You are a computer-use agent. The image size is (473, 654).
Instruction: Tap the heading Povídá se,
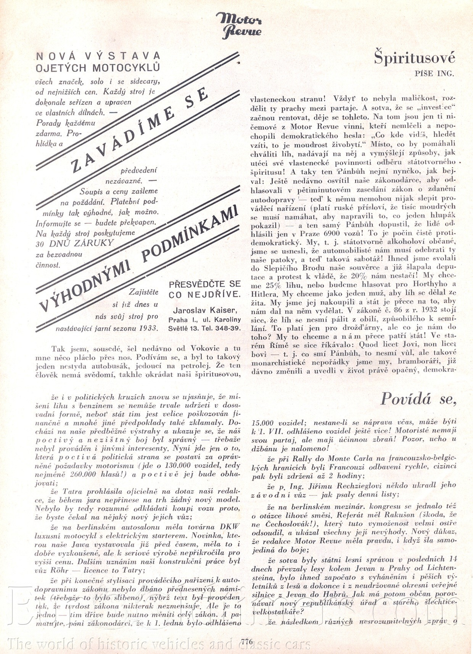click(x=418, y=399)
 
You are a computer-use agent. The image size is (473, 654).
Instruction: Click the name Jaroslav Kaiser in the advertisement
click(x=204, y=310)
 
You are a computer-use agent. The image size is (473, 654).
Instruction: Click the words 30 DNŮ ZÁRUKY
click(x=75, y=243)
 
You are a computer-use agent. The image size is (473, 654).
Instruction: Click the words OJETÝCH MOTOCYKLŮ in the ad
click(x=98, y=68)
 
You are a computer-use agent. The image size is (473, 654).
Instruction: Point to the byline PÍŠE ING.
click(x=434, y=74)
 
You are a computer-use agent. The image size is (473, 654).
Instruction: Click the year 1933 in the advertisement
click(x=148, y=328)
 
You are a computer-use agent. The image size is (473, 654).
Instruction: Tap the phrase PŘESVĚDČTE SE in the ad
click(x=204, y=284)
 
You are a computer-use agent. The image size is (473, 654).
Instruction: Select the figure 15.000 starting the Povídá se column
click(x=265, y=423)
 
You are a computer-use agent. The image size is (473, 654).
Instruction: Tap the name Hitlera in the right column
click(x=265, y=294)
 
